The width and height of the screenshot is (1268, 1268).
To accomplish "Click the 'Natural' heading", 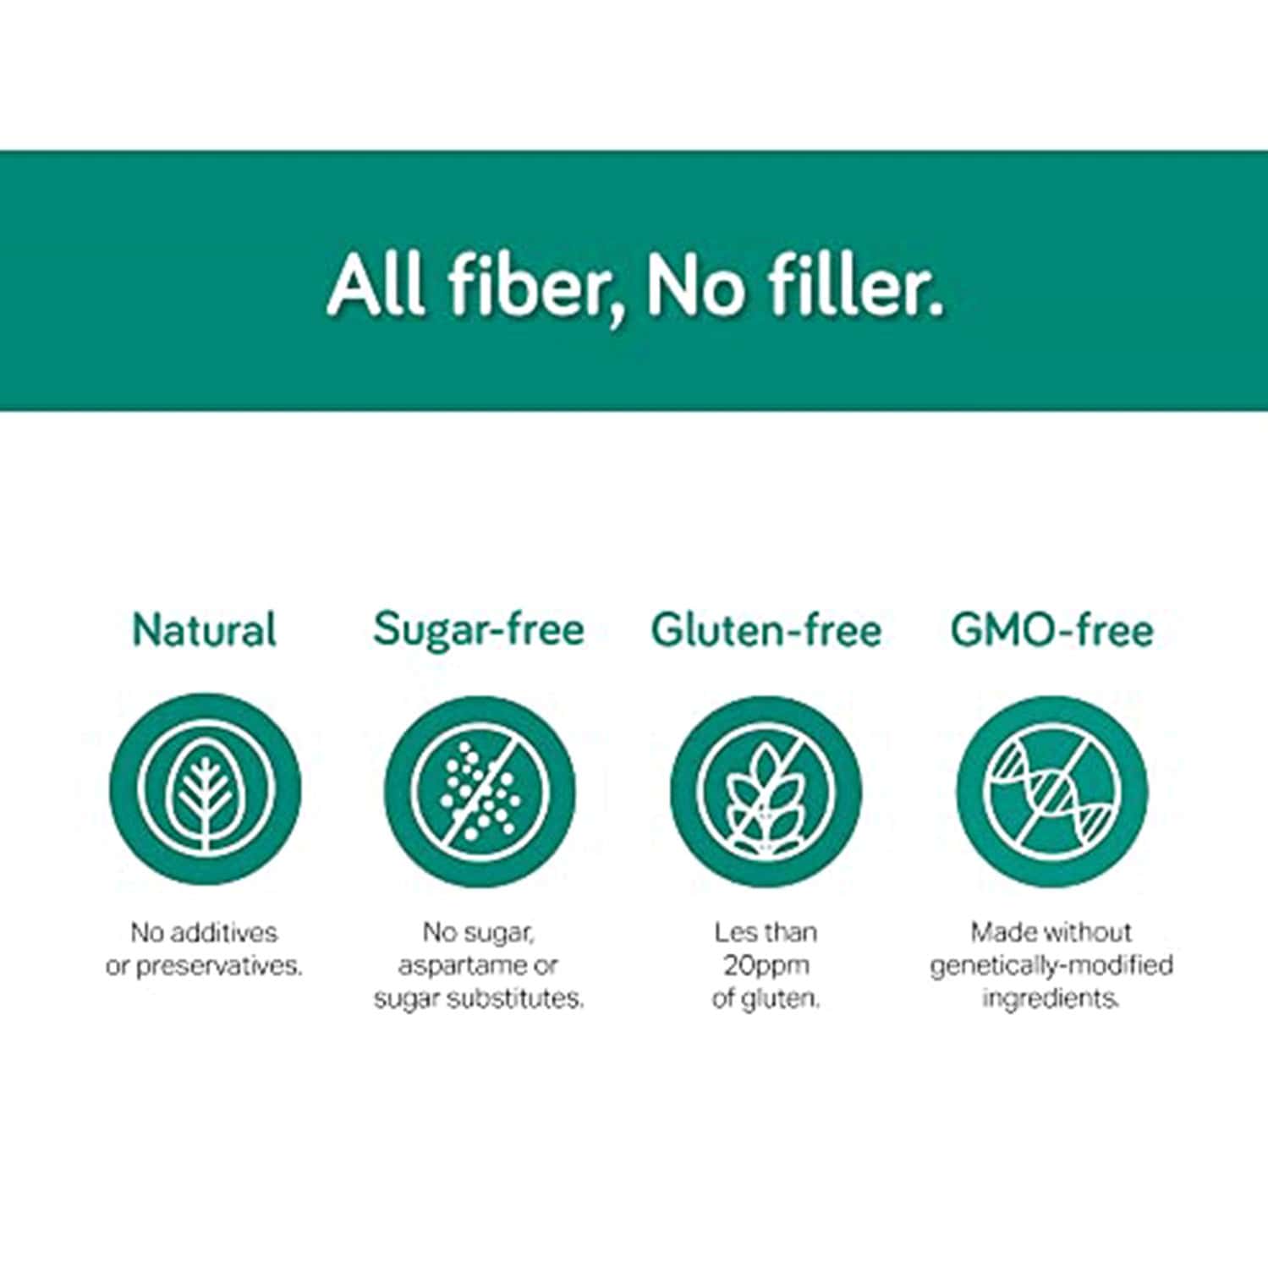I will (x=205, y=630).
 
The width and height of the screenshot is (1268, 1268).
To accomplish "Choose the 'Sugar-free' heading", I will (x=479, y=630).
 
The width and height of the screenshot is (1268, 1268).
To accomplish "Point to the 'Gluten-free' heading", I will (x=766, y=630).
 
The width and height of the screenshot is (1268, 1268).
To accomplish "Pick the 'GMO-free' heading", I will (x=1051, y=630).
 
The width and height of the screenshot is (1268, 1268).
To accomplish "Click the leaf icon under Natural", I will (x=205, y=792).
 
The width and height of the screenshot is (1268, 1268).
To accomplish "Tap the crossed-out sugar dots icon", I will (x=480, y=792).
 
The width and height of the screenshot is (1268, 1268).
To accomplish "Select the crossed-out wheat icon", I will (x=766, y=792).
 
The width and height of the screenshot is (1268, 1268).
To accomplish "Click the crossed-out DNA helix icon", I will (x=1051, y=792).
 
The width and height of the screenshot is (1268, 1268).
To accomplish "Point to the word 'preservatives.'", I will (x=219, y=966).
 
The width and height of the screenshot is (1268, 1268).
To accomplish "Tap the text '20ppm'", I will (x=766, y=965).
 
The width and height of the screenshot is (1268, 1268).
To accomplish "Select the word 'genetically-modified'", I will (x=1051, y=965).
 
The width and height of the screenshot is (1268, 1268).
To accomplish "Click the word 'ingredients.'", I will (x=1051, y=998).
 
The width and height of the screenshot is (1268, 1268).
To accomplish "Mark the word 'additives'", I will (x=223, y=932).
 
